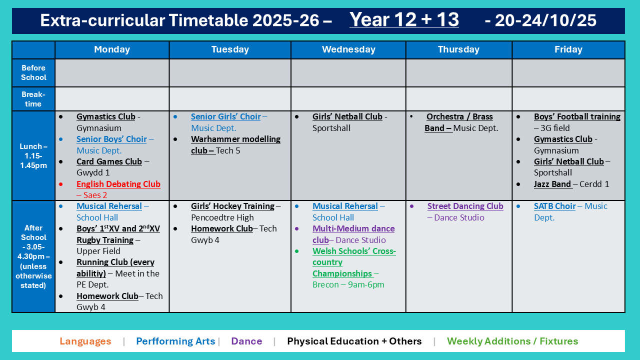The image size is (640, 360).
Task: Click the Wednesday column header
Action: tap(348, 49)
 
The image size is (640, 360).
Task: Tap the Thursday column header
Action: tap(458, 49)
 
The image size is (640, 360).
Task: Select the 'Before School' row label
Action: tap(33, 72)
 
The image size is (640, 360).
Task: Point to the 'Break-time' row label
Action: tap(33, 99)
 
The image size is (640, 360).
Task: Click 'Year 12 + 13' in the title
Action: tap(404, 19)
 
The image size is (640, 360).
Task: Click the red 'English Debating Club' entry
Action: tap(118, 184)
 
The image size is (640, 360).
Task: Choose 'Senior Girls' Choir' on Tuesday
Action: tap(225, 116)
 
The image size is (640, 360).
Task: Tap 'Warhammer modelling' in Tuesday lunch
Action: tap(235, 139)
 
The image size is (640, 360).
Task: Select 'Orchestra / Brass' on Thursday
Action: tap(459, 116)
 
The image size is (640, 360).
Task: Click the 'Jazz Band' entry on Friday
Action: tap(552, 184)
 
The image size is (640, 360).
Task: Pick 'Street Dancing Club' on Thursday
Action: tap(465, 206)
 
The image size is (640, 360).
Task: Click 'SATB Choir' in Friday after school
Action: tap(554, 206)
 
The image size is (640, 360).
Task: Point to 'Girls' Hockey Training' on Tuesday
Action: tap(232, 206)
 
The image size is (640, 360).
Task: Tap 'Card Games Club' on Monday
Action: tap(109, 161)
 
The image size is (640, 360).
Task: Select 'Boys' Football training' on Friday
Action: tap(577, 116)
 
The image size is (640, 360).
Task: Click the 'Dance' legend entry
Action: tap(246, 341)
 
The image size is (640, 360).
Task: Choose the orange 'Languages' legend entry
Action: tap(85, 341)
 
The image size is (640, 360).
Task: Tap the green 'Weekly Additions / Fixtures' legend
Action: tap(512, 341)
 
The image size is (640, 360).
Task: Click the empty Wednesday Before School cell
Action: tap(348, 73)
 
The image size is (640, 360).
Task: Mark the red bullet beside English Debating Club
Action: tap(61, 184)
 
